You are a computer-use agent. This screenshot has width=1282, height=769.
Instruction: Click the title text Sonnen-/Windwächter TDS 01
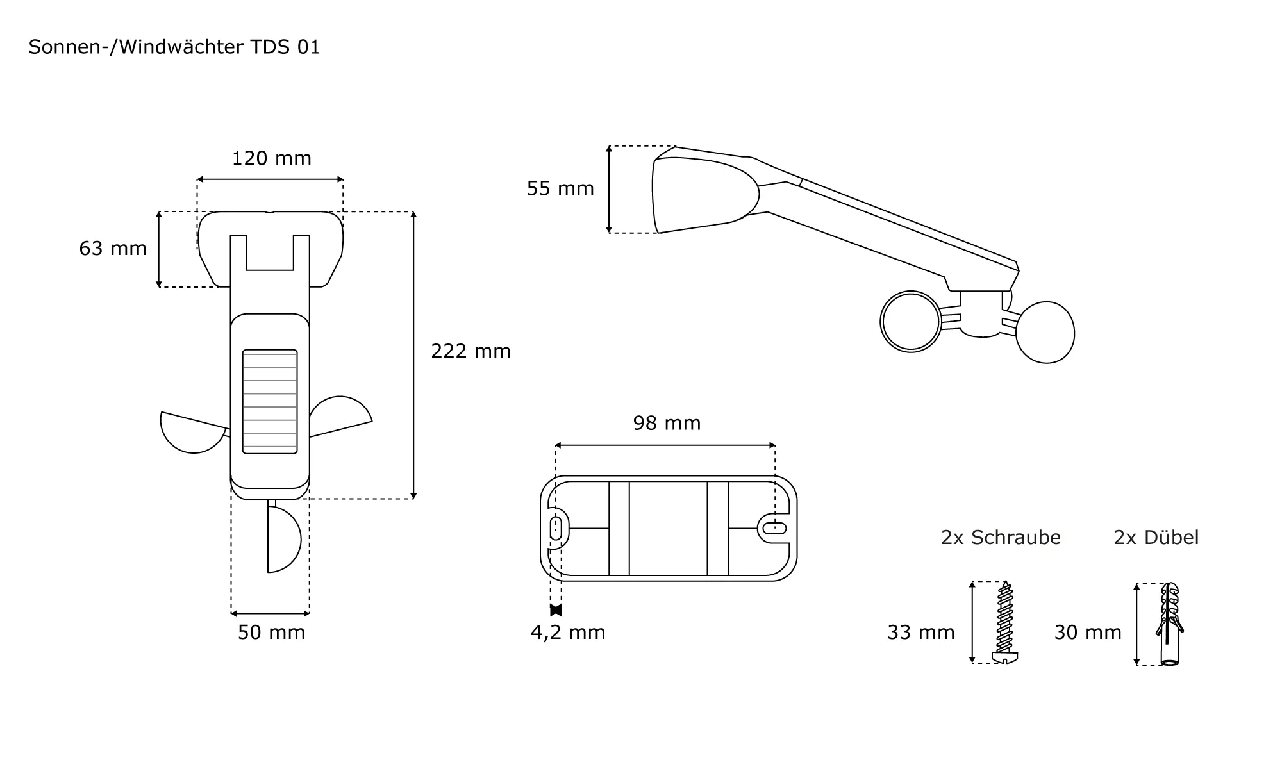pos(174,47)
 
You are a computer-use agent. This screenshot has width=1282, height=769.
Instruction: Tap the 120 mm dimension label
pos(271,158)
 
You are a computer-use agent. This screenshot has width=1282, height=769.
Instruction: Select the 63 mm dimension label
pos(113,249)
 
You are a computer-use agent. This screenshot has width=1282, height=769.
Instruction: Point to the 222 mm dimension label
pos(470,351)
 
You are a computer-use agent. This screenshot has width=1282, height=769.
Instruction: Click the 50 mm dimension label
pos(271,633)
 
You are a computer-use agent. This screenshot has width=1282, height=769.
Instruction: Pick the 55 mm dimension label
pos(560,188)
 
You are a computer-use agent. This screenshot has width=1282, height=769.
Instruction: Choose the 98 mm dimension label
pos(667,423)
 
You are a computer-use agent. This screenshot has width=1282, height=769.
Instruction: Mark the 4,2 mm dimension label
pos(568,633)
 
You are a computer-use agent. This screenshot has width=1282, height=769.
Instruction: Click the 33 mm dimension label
pos(920,633)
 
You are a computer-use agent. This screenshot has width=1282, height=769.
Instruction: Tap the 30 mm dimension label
pos(1088,633)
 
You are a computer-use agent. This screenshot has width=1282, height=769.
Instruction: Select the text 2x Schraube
pos(1001,538)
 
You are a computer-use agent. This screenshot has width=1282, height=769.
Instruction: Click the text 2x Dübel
pos(1156,538)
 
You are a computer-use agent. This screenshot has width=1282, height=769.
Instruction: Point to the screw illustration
pos(1004,622)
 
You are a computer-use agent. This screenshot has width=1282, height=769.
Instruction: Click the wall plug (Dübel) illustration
pos(1170,624)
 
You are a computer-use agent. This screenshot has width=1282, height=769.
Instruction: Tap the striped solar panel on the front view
pos(270,401)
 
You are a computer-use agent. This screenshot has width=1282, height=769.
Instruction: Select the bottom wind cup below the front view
pos(282,540)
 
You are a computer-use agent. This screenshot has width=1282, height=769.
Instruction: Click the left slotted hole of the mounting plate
pos(556,529)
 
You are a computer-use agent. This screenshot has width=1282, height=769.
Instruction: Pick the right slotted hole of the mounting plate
pos(774,529)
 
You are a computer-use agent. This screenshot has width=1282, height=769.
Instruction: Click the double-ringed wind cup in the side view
pos(911,322)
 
